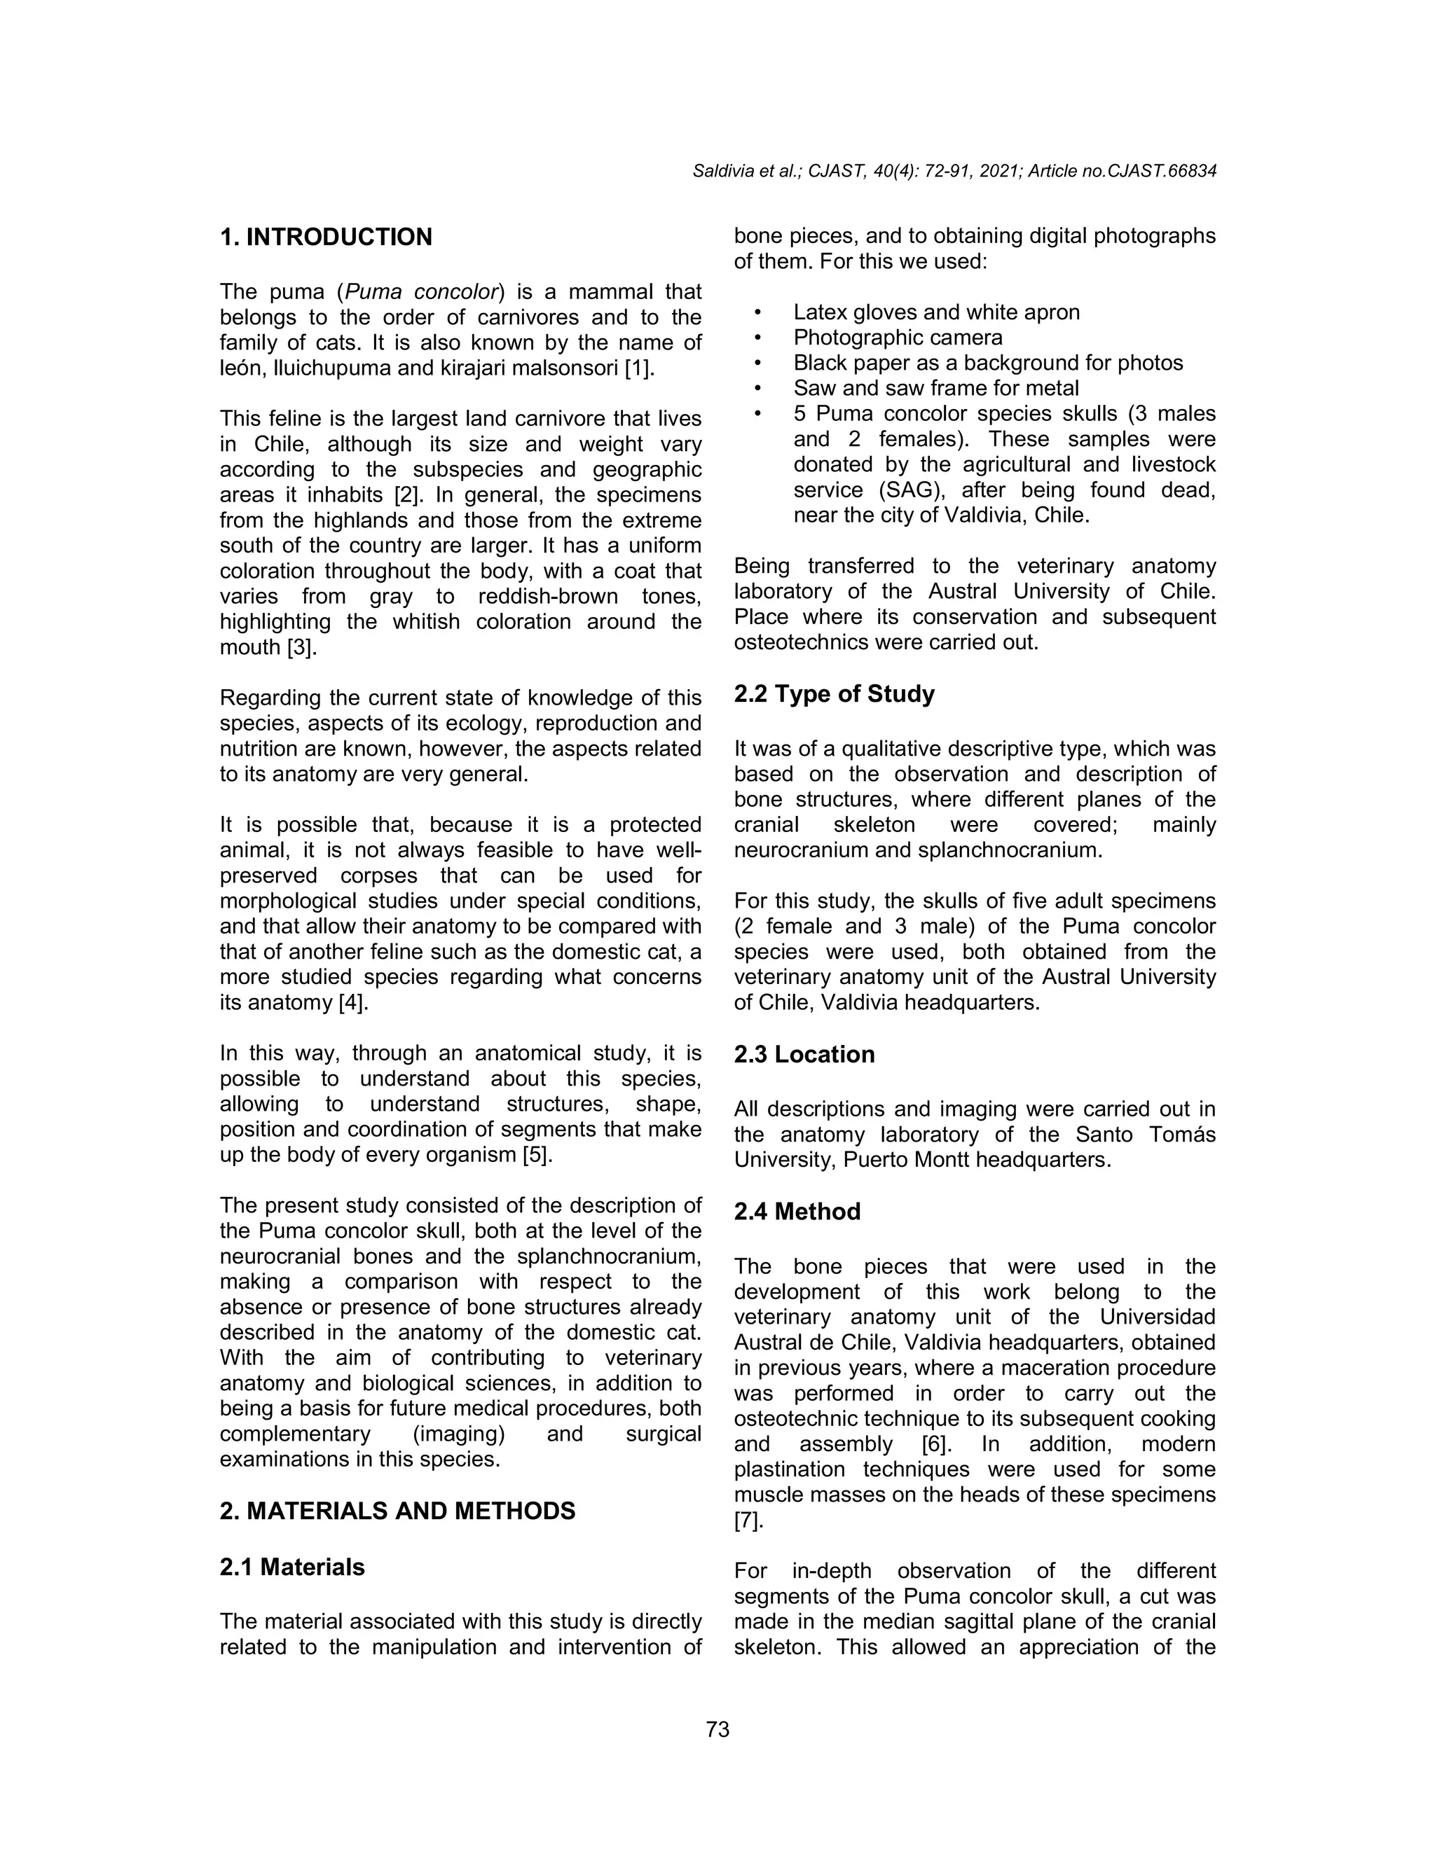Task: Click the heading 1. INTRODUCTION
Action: coord(326,237)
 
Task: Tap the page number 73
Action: coord(717,1729)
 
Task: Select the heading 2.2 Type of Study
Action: coord(834,694)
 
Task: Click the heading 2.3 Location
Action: coord(804,1055)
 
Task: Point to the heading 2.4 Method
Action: coord(797,1212)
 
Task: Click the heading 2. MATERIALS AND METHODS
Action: coord(397,1511)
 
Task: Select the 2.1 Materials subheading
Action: coord(291,1567)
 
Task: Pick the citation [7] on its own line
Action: coord(748,1521)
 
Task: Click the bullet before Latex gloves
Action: coord(756,313)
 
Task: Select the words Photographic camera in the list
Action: coord(898,338)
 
